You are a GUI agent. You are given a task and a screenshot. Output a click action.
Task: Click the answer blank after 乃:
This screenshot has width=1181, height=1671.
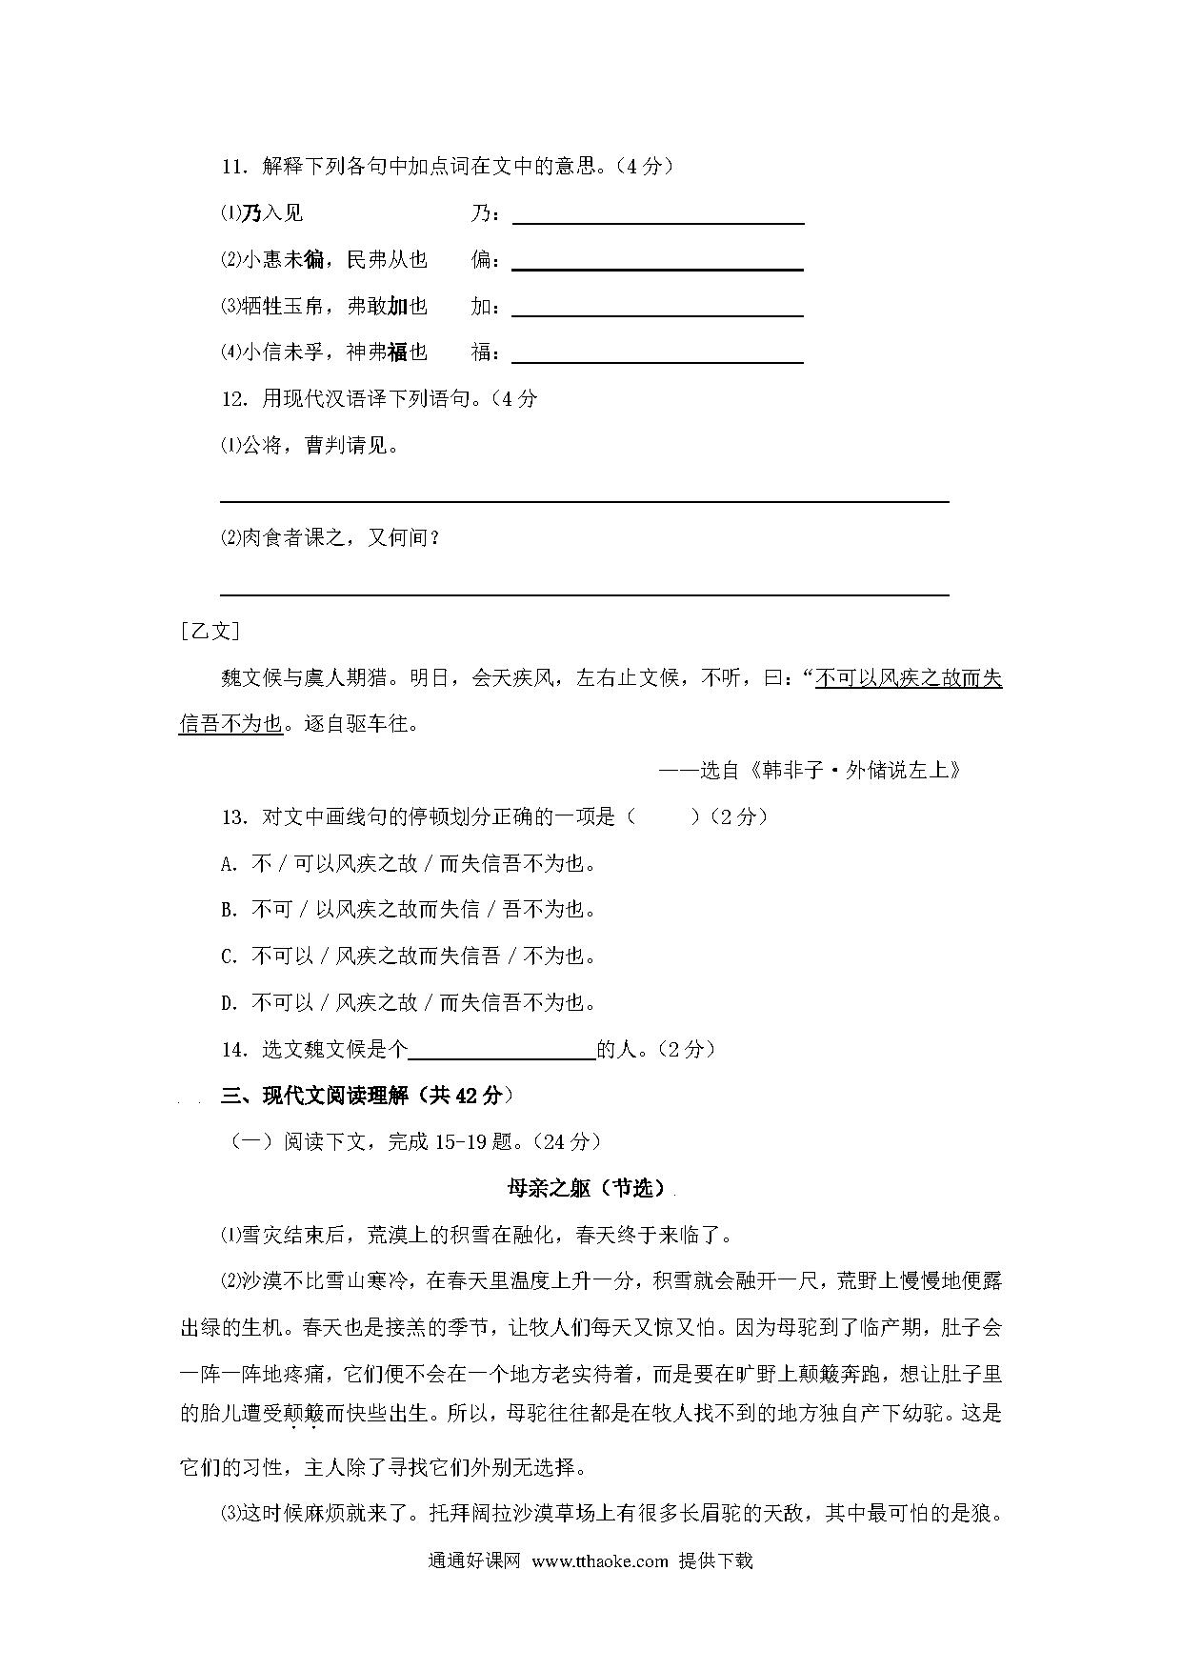pyautogui.click(x=658, y=215)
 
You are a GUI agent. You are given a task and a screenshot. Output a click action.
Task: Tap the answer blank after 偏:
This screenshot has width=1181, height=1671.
pyautogui.click(x=658, y=261)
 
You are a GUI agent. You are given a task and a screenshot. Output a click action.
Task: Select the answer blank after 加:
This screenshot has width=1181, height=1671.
pyautogui.click(x=658, y=308)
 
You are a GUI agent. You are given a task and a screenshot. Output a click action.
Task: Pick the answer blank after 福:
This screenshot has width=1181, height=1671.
pyautogui.click(x=658, y=354)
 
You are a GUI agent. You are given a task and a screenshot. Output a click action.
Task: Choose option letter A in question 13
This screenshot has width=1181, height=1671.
pyautogui.click(x=229, y=865)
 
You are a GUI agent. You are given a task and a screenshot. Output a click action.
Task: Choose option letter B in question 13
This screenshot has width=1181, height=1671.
pyautogui.click(x=229, y=911)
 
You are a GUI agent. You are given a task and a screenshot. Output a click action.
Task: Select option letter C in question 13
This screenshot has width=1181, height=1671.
pyautogui.click(x=229, y=956)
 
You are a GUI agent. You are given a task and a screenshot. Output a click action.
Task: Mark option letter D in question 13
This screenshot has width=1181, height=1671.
pyautogui.click(x=229, y=1003)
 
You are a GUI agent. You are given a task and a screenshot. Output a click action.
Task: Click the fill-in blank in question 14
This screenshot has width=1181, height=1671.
pyautogui.click(x=502, y=1050)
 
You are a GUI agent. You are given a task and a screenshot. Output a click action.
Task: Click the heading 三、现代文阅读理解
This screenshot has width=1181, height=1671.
pyautogui.click(x=367, y=1096)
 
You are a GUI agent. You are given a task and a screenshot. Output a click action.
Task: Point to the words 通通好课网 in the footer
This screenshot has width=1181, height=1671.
pyautogui.click(x=474, y=1560)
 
